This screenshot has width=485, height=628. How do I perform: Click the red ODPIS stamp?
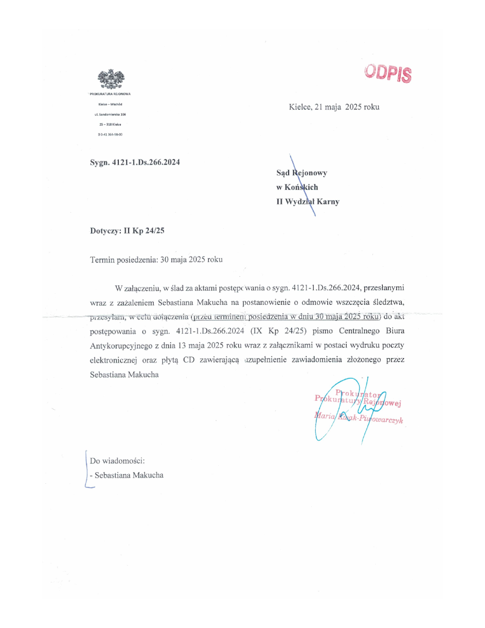pos(388,73)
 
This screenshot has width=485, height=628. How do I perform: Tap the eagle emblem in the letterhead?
pos(111,79)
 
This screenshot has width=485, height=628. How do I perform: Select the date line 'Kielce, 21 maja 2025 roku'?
pos(334,107)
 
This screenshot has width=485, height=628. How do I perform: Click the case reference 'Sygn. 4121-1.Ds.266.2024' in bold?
pos(135,163)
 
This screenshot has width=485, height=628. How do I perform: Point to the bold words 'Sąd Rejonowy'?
pos(302,173)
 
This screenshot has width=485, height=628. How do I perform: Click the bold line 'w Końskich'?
pos(297,187)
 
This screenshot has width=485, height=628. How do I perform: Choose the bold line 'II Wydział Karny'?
pos(308,202)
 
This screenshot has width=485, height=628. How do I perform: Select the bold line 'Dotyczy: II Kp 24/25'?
pos(127,231)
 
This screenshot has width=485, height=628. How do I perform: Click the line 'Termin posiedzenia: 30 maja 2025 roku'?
pos(156,260)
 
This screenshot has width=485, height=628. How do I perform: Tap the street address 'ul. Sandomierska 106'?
pos(110,115)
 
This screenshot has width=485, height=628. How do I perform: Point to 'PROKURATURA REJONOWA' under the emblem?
pos(110,94)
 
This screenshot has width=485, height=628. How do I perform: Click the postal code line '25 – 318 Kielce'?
pos(110,125)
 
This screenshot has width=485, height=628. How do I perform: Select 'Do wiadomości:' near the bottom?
pos(117,461)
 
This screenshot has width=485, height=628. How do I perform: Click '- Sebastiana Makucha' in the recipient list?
pos(127,476)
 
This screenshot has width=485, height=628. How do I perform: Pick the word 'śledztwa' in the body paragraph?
pos(388,302)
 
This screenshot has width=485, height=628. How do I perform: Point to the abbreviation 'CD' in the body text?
pos(189,360)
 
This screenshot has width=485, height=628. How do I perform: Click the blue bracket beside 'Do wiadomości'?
pos(87,468)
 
